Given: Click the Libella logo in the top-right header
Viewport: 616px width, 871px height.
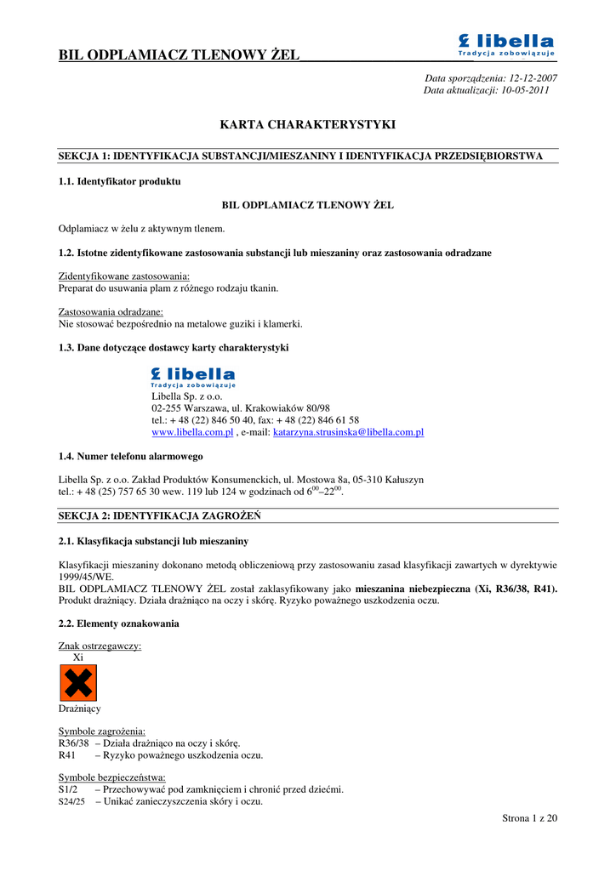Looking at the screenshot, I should pyautogui.click(x=506, y=45).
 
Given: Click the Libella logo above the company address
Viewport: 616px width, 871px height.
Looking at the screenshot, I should pyautogui.click(x=193, y=377).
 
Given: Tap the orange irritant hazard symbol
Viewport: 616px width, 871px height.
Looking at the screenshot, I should pyautogui.click(x=78, y=683).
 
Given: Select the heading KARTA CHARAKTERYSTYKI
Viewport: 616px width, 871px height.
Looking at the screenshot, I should pyautogui.click(x=308, y=124).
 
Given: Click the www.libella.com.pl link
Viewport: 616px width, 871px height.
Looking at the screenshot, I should pyautogui.click(x=192, y=432).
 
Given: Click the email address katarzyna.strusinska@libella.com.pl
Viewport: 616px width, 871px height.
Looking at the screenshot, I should pyautogui.click(x=348, y=432).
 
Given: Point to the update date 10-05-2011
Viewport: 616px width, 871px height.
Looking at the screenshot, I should pyautogui.click(x=525, y=90).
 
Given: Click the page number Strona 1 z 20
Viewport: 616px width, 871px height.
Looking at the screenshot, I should pyautogui.click(x=530, y=818).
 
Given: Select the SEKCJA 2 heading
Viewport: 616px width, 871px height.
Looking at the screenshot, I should pyautogui.click(x=159, y=516).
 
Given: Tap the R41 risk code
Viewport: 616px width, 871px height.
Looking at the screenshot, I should pyautogui.click(x=68, y=755).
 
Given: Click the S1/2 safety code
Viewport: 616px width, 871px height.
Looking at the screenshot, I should pyautogui.click(x=70, y=789).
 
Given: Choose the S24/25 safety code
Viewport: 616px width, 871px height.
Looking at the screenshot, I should pyautogui.click(x=71, y=801).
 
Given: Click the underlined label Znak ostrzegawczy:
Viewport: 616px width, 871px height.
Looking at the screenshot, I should pyautogui.click(x=100, y=646).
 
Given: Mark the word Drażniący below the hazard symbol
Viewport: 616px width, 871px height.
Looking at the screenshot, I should pyautogui.click(x=79, y=709).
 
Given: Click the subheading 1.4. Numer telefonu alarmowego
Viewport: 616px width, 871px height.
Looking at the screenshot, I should pyautogui.click(x=130, y=457).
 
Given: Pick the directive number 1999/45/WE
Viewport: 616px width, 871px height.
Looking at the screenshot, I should pyautogui.click(x=83, y=576).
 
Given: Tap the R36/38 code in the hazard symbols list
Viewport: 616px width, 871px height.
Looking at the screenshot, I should pyautogui.click(x=73, y=743).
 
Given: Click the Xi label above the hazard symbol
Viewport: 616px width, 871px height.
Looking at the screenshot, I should pyautogui.click(x=78, y=658).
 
